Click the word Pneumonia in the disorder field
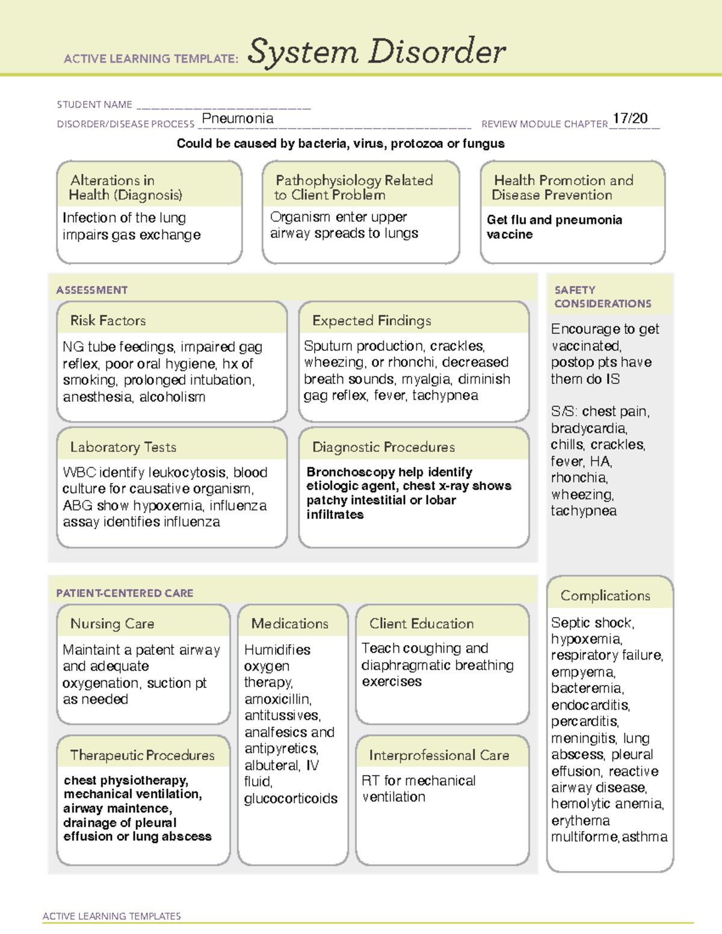pyautogui.click(x=238, y=118)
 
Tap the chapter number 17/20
pyautogui.click(x=630, y=118)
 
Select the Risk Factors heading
pyautogui.click(x=108, y=321)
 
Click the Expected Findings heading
pyautogui.click(x=372, y=321)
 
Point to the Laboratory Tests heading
pyautogui.click(x=123, y=447)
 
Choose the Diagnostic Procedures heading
pyautogui.click(x=383, y=447)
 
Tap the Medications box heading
pyautogui.click(x=290, y=624)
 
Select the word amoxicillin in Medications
pyautogui.click(x=277, y=699)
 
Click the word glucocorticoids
pyautogui.click(x=291, y=799)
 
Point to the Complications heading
pyautogui.click(x=605, y=595)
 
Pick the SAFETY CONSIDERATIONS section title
pyautogui.click(x=602, y=297)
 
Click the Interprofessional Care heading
pyautogui.click(x=439, y=755)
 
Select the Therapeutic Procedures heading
pyautogui.click(x=142, y=755)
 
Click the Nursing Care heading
pyautogui.click(x=113, y=624)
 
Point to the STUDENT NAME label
pyautogui.click(x=94, y=105)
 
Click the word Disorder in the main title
pyautogui.click(x=437, y=52)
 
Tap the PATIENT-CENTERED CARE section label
pyautogui.click(x=125, y=593)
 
